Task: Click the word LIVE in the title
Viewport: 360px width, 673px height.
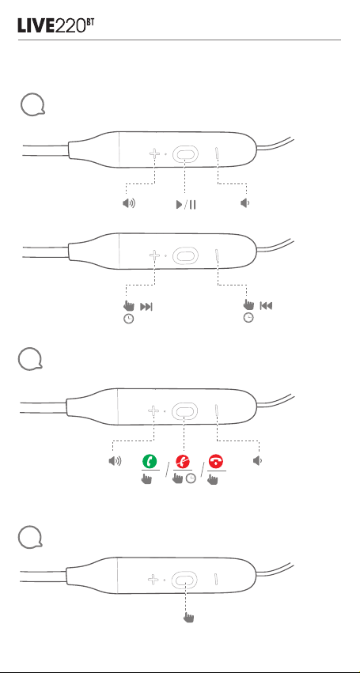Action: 36,26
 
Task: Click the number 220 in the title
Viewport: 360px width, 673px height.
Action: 70,26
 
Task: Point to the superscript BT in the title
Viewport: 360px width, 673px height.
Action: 90,22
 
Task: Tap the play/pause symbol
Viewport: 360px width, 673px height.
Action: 186,205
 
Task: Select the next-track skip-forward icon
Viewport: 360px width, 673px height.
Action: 146,307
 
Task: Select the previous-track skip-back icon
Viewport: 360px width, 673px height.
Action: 267,306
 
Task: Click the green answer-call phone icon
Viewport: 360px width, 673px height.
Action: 150,461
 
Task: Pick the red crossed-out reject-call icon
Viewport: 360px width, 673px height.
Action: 183,461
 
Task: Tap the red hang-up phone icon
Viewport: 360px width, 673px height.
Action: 216,461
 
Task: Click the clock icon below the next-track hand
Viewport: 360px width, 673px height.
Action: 128,319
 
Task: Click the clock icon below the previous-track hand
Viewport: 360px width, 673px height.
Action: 248,318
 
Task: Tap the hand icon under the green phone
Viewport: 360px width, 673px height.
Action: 146,478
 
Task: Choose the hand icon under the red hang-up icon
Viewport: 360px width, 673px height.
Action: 213,478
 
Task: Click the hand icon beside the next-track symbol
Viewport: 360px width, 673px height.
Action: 128,305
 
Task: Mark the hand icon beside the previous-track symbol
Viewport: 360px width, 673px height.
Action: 248,304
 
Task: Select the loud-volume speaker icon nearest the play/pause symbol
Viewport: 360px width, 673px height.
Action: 128,203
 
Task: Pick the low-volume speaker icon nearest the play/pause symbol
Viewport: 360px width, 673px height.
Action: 244,203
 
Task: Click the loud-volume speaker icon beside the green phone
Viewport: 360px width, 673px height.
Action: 115,461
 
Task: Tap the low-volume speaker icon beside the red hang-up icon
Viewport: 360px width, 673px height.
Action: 257,461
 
